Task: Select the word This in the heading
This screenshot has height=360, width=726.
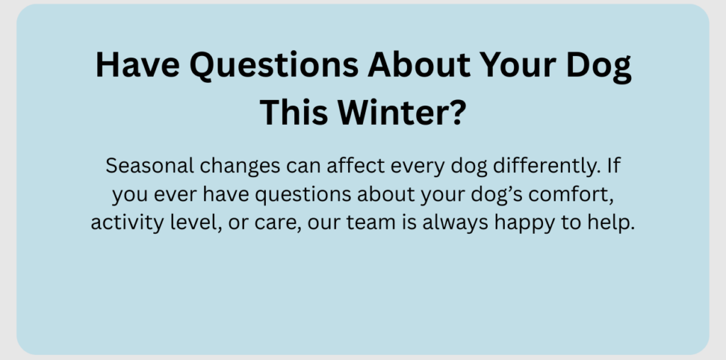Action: pyautogui.click(x=294, y=113)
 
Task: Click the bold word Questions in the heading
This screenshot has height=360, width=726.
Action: pyautogui.click(x=274, y=64)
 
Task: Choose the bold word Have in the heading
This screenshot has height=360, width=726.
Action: pyautogui.click(x=138, y=64)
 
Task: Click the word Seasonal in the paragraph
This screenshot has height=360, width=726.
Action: pyautogui.click(x=150, y=165)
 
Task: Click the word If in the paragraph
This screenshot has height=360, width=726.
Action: pyautogui.click(x=613, y=165)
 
